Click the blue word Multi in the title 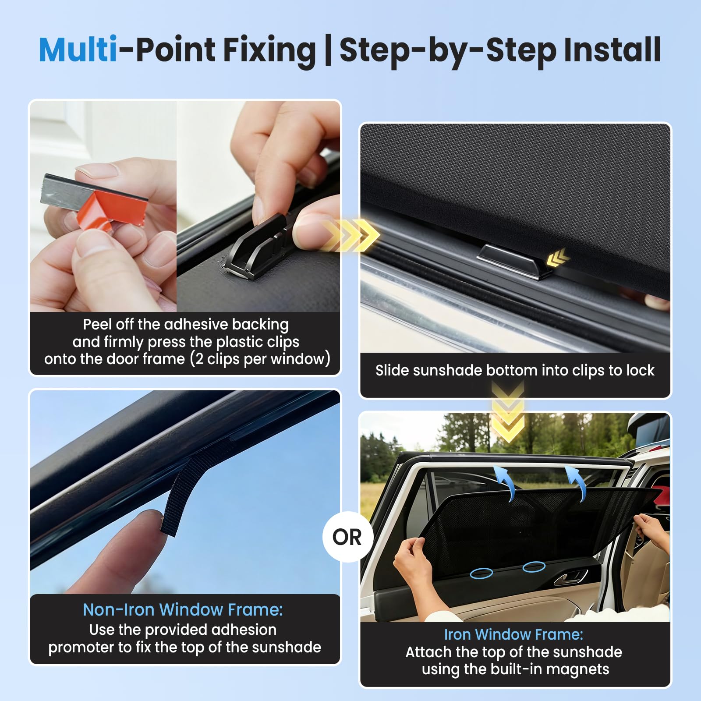[x=78, y=50]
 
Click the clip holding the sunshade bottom [x=514, y=261]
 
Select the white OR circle [x=347, y=537]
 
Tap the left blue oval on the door [x=481, y=573]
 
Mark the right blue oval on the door [x=534, y=567]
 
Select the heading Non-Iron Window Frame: [x=183, y=610]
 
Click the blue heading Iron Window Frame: [x=513, y=634]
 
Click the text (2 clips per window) [x=260, y=359]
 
